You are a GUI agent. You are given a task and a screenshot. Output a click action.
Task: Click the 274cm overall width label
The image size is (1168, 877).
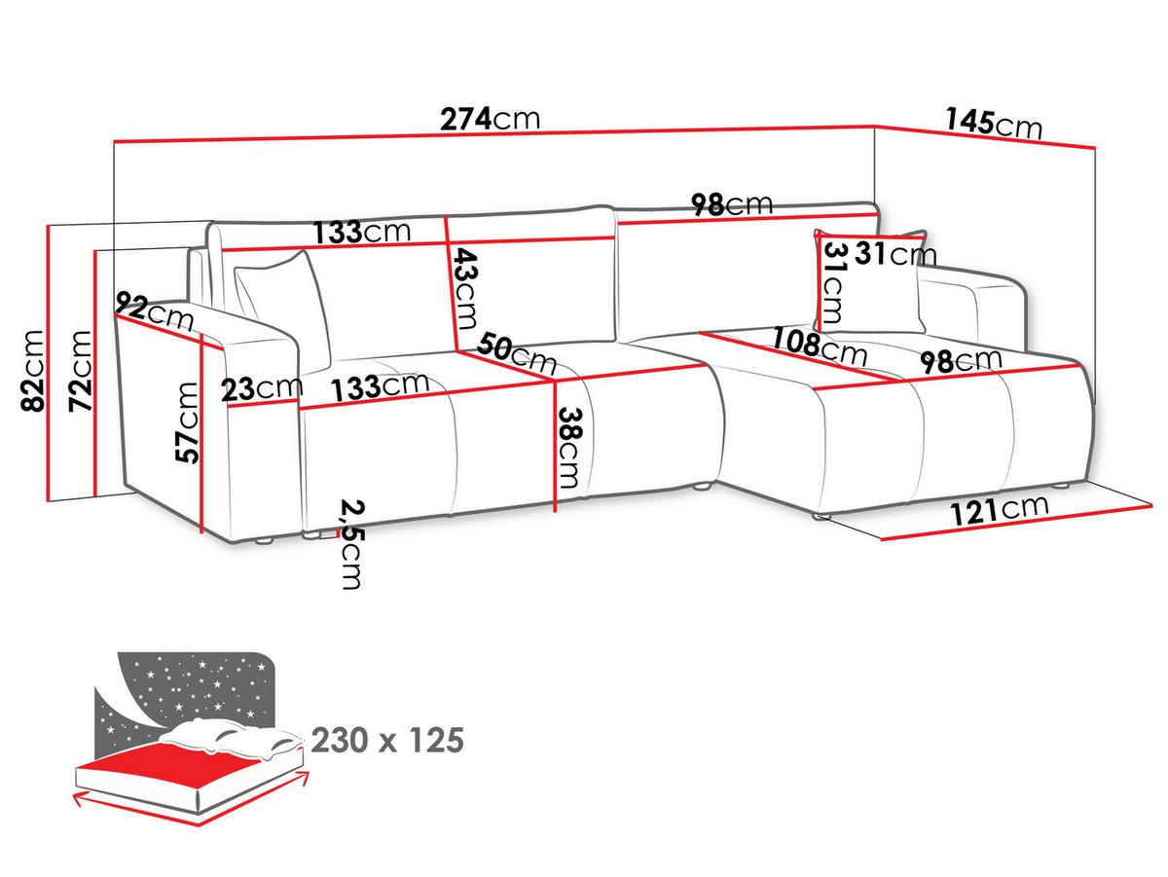pyautogui.click(x=490, y=119)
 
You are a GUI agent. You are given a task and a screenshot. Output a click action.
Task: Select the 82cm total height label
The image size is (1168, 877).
pyautogui.click(x=32, y=371)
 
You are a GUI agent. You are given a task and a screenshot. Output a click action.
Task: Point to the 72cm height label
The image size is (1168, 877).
pyautogui.click(x=80, y=371)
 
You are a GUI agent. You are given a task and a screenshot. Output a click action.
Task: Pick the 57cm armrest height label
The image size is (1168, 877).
pyautogui.click(x=187, y=422)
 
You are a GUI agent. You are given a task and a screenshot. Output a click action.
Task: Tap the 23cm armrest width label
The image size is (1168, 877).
pyautogui.click(x=262, y=389)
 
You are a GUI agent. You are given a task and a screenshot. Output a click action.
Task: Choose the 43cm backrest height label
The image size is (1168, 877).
pyautogui.click(x=465, y=288)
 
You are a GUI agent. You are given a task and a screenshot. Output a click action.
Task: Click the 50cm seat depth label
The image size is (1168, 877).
pyautogui.click(x=517, y=352)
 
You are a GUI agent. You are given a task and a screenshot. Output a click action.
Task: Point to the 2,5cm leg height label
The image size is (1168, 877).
pyautogui.click(x=351, y=544)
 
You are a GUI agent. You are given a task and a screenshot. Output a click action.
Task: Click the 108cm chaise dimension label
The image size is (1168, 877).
pyautogui.click(x=820, y=346)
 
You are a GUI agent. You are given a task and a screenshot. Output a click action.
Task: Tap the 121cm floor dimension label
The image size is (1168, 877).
pyautogui.click(x=1000, y=510)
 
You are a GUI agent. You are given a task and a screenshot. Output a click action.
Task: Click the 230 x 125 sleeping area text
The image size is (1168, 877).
pyautogui.click(x=387, y=740)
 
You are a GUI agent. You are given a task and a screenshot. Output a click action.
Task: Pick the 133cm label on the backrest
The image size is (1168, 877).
pyautogui.click(x=362, y=232)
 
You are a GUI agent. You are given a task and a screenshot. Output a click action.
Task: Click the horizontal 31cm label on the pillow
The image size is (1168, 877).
pyautogui.click(x=895, y=253)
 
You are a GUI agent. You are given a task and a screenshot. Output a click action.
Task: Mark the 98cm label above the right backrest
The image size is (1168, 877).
pyautogui.click(x=732, y=203)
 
